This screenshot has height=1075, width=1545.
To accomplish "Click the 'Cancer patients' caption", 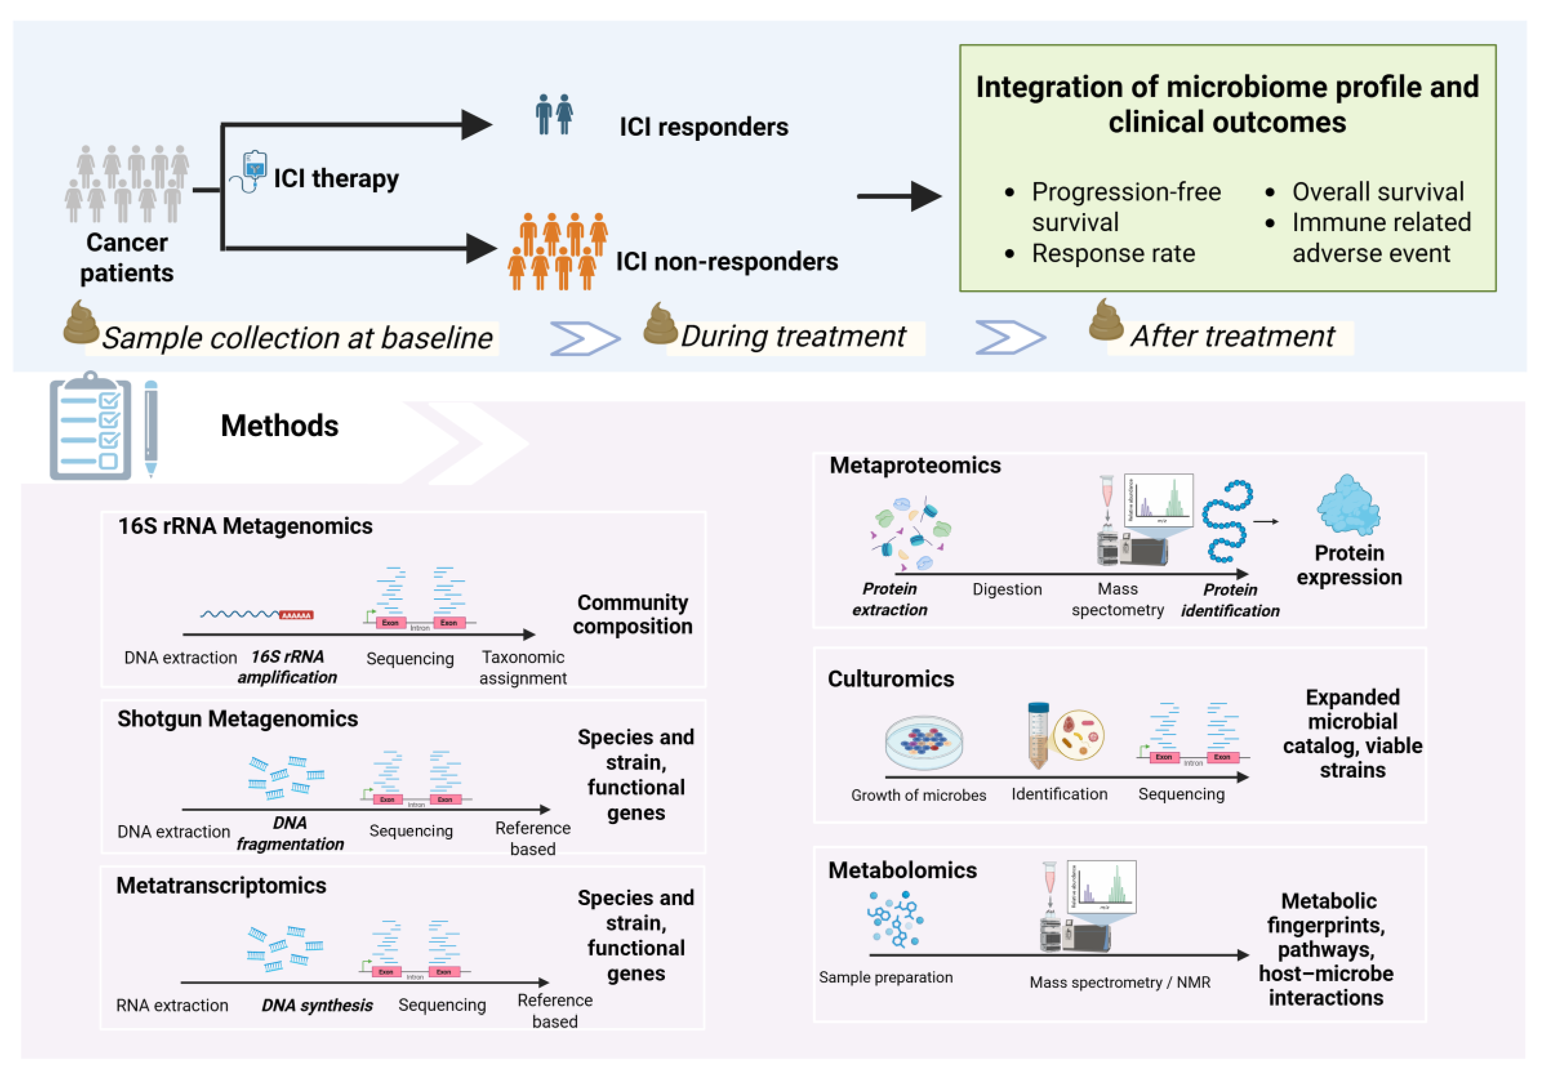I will (x=127, y=257).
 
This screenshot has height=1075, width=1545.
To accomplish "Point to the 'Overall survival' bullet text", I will (x=1377, y=192).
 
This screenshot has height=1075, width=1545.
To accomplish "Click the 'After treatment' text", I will (x=1232, y=336).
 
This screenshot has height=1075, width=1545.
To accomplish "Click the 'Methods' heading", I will (x=279, y=426).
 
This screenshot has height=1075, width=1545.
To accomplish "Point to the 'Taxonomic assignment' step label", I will (x=523, y=667).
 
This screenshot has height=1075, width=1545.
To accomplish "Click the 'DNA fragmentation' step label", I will (x=290, y=833).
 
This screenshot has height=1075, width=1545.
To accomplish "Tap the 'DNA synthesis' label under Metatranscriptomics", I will (x=317, y=1005).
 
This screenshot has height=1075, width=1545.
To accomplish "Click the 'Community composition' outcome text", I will (x=632, y=614).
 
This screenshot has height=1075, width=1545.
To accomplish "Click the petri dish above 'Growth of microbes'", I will (x=923, y=741).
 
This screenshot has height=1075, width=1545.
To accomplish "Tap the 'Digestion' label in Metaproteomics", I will (x=1007, y=589).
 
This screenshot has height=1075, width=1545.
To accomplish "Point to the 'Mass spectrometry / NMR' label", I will (x=1120, y=982).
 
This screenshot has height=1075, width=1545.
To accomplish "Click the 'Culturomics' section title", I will (x=890, y=679).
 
